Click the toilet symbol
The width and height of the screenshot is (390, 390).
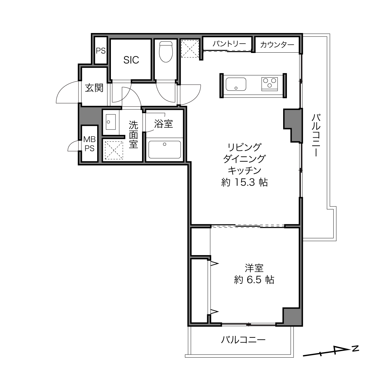[x=166, y=52]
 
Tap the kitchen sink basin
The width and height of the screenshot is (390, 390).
[x=236, y=84]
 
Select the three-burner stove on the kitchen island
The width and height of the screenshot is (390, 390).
[x=269, y=84]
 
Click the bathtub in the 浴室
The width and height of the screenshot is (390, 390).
[x=164, y=150]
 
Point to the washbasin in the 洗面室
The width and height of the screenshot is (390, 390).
[x=111, y=122]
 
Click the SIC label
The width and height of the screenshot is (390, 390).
[x=131, y=60]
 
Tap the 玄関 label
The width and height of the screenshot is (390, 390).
[x=94, y=88]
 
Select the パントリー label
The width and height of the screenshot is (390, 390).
[x=229, y=44]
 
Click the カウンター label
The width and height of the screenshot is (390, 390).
[x=277, y=45]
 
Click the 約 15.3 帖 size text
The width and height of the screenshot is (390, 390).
[x=245, y=182]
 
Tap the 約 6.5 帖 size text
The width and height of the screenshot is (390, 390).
[x=254, y=280]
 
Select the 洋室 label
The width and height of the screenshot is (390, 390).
[x=254, y=268]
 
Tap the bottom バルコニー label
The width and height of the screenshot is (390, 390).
[x=243, y=340]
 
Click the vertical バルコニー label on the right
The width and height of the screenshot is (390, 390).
[x=316, y=135]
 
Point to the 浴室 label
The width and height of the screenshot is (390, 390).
[x=164, y=124]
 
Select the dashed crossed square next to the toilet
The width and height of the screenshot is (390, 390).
[x=190, y=49]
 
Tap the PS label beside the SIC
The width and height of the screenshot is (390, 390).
[x=101, y=50]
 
